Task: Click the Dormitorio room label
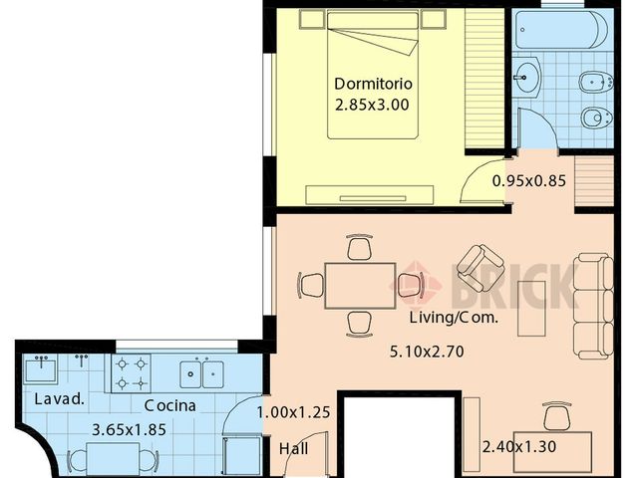click(x=373, y=83)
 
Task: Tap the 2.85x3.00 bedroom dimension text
click(x=373, y=103)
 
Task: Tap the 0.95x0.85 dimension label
click(x=529, y=181)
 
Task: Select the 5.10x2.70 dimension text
click(x=426, y=351)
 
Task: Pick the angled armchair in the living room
click(x=479, y=267)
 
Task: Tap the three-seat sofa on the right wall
click(x=593, y=307)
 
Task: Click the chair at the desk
click(x=556, y=415)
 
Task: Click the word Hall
click(x=293, y=448)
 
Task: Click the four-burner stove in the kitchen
click(x=132, y=373)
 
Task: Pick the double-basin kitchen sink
click(x=202, y=373)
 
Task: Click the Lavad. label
click(x=53, y=399)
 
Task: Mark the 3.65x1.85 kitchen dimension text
click(x=128, y=430)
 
